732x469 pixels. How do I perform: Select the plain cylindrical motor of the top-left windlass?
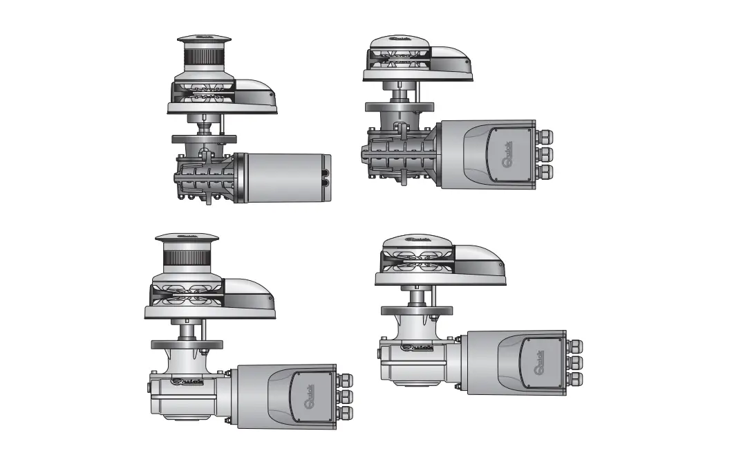click(x=285, y=177)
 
